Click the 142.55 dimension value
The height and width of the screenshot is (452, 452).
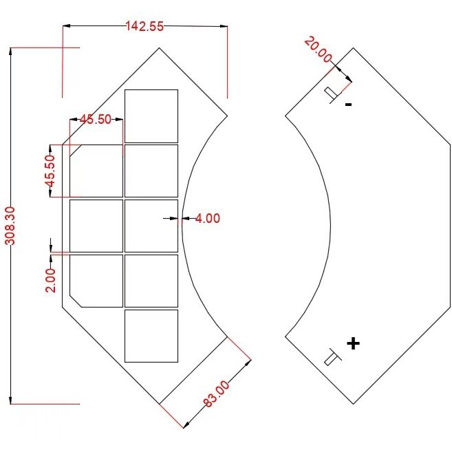tap(144, 27)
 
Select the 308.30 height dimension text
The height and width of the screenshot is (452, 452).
tap(10, 226)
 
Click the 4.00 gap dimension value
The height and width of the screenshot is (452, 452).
tap(208, 219)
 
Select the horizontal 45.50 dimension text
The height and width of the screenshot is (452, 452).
tap(95, 120)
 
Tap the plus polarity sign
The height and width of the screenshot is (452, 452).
tap(353, 343)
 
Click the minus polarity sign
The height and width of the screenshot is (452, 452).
tap(348, 105)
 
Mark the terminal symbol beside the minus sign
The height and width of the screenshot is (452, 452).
tap(332, 93)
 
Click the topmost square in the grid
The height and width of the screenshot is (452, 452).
tap(151, 116)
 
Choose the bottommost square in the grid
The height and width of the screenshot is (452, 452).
tap(151, 336)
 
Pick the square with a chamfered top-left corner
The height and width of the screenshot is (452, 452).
tap(96, 171)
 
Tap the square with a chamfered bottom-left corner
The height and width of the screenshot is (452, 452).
tap(96, 281)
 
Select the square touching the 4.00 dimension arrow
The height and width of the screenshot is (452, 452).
tap(151, 226)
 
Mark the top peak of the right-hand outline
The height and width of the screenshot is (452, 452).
tap(354, 48)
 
